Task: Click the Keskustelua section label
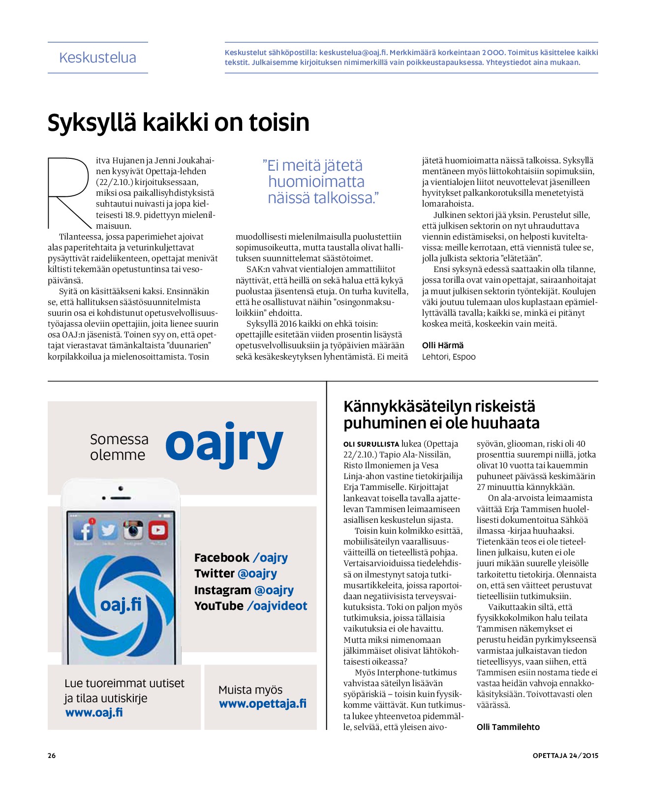click(97, 58)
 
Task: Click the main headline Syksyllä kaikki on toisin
click(178, 122)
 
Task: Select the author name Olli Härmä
click(442, 345)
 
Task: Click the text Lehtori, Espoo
click(448, 357)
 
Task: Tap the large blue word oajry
click(224, 444)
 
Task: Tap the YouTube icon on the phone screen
click(157, 531)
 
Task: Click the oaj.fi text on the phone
click(121, 605)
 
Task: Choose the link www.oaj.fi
click(94, 712)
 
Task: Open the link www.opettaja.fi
click(263, 704)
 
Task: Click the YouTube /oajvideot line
click(250, 606)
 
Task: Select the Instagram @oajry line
click(244, 590)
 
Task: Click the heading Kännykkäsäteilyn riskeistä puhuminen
click(441, 415)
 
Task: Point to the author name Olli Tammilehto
click(508, 727)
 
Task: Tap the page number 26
click(52, 756)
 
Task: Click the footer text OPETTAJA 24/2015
click(565, 756)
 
